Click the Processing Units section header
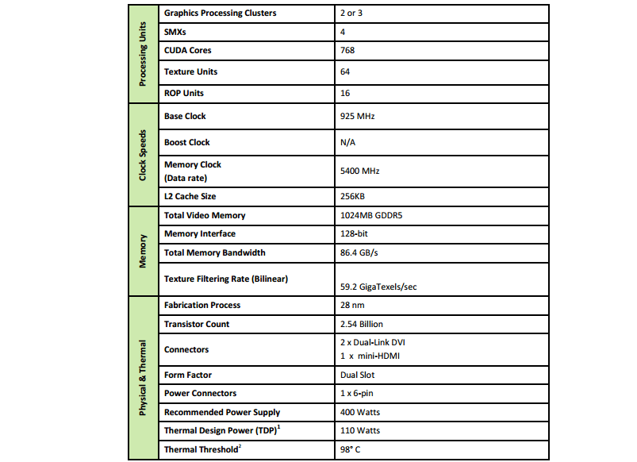(143, 55)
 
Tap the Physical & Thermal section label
(143, 378)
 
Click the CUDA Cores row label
(187, 51)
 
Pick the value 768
(347, 51)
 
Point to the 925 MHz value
(356, 116)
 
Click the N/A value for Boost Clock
(347, 143)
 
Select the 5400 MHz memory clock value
(359, 170)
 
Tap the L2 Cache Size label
(190, 196)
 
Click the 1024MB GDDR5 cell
(370, 215)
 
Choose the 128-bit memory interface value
(353, 234)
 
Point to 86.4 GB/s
(359, 253)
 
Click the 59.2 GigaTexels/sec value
(378, 287)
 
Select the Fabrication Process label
(201, 306)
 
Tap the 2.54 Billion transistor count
(361, 324)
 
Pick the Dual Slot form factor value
(357, 375)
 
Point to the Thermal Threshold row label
(201, 450)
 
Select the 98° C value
(350, 450)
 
